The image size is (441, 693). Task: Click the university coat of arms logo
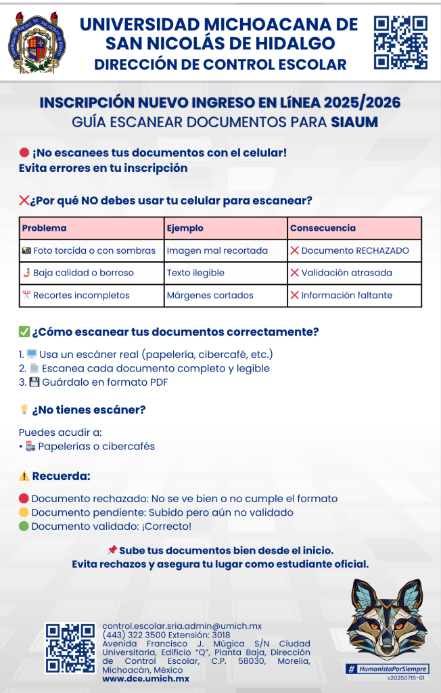[38, 43]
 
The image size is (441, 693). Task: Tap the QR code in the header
[400, 43]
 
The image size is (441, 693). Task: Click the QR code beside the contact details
[70, 648]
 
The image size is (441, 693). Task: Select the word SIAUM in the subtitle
[354, 122]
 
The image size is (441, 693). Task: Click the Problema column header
[45, 228]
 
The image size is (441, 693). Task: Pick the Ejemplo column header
[185, 228]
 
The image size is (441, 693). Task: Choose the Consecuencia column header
[323, 228]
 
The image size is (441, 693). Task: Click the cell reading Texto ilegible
[195, 273]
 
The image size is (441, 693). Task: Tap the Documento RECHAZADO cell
[350, 250]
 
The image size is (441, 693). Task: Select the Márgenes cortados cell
[210, 295]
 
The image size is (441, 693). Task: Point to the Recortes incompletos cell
[76, 295]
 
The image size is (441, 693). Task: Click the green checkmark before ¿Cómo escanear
[24, 332]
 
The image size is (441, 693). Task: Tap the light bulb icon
[24, 409]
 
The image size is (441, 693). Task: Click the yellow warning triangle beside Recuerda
[24, 476]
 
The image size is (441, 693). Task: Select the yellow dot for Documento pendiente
[24, 513]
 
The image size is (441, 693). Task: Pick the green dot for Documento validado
[24, 527]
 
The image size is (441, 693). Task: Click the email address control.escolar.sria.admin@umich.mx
[181, 626]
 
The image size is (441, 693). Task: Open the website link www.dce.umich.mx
[145, 678]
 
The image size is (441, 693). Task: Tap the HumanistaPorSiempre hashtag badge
[388, 669]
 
